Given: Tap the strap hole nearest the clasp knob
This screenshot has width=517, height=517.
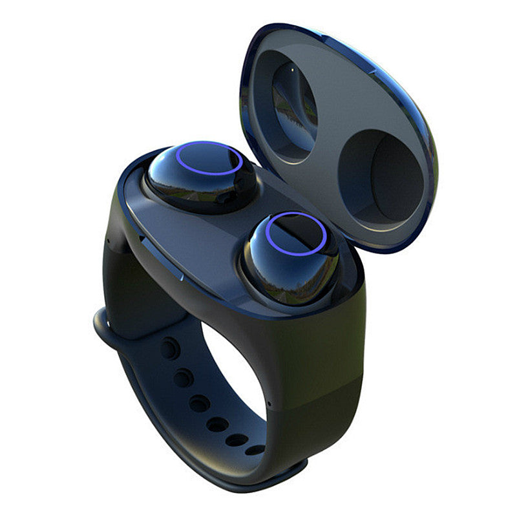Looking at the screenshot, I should tap(169, 349).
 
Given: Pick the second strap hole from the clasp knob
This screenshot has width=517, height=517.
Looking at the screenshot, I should tap(184, 377).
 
